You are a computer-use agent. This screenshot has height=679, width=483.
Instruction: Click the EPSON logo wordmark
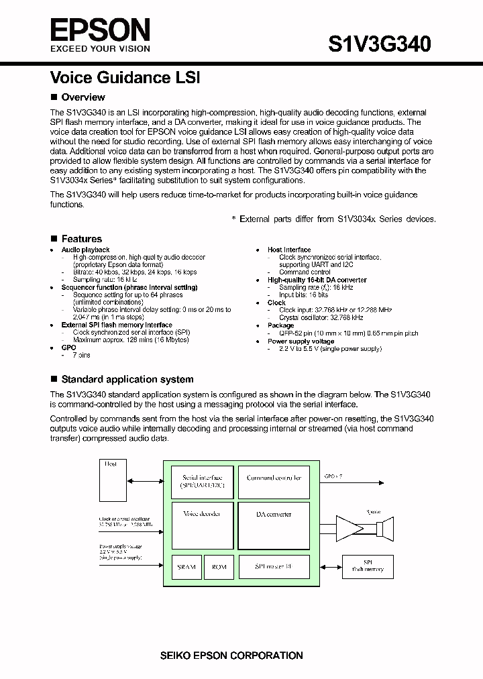tap(101, 30)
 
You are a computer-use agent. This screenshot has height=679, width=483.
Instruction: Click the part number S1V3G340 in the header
tap(379, 44)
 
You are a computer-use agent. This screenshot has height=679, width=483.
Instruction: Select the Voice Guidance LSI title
tap(125, 78)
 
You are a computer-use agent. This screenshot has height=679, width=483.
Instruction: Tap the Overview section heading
tap(83, 97)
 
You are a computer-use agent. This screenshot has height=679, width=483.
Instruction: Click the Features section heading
tap(81, 239)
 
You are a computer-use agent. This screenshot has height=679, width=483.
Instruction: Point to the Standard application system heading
tap(127, 379)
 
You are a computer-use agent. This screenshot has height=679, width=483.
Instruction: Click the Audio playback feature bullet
tap(85, 250)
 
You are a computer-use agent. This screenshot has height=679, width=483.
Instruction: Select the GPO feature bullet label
tap(68, 348)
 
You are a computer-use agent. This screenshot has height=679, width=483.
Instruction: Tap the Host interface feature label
tap(289, 250)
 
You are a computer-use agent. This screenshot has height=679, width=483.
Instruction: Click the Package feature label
tap(280, 325)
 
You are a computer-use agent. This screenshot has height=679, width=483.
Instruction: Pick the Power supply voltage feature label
tap(301, 341)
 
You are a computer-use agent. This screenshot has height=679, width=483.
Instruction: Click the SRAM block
tap(186, 567)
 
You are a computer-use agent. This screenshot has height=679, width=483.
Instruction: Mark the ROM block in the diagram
tap(219, 567)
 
